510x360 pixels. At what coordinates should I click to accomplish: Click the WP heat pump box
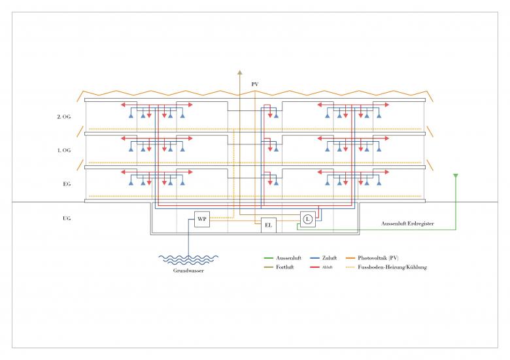tap(202, 220)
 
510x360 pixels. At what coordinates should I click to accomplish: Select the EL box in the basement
tap(268, 226)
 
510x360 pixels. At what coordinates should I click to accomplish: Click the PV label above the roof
tap(255, 84)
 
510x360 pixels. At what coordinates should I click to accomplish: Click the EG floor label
tap(66, 184)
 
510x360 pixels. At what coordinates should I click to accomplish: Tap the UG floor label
tap(66, 218)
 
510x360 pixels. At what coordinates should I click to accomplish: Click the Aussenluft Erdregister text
tap(408, 223)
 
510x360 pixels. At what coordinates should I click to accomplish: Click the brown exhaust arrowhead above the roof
tap(240, 73)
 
